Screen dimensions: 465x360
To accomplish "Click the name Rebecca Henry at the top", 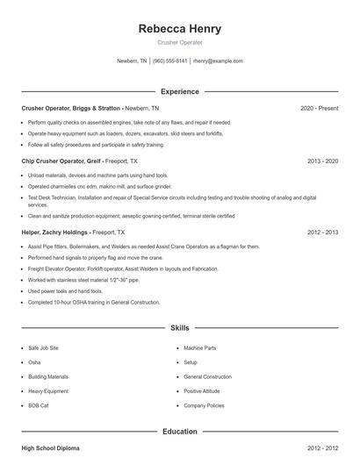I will pyautogui.click(x=180, y=29).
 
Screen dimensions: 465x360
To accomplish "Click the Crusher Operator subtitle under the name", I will pyautogui.click(x=180, y=42).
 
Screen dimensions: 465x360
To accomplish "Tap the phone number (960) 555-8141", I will pyautogui.click(x=170, y=61).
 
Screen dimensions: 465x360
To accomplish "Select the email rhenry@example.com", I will pyautogui.click(x=218, y=61).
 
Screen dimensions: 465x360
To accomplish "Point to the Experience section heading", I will pyautogui.click(x=180, y=91).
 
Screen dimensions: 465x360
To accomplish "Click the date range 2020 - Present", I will pyautogui.click(x=320, y=108).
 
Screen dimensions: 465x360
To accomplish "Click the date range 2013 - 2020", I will pyautogui.click(x=323, y=161).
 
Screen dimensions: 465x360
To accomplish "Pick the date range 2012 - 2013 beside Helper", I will pyautogui.click(x=323, y=232).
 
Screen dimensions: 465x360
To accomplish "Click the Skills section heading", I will pyautogui.click(x=180, y=327).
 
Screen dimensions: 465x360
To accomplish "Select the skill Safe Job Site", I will pyautogui.click(x=44, y=348).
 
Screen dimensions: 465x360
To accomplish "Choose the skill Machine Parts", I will pyautogui.click(x=200, y=348).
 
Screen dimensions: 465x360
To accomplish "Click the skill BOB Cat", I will pyautogui.click(x=40, y=406).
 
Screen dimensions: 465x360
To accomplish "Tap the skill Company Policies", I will pyautogui.click(x=204, y=406).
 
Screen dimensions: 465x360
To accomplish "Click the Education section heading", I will pyautogui.click(x=180, y=432).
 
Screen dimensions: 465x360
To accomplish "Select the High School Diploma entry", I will pyautogui.click(x=50, y=448).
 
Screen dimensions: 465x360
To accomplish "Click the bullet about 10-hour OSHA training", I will pyautogui.click(x=94, y=302).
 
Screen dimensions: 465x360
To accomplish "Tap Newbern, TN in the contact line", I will pyautogui.click(x=132, y=61).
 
